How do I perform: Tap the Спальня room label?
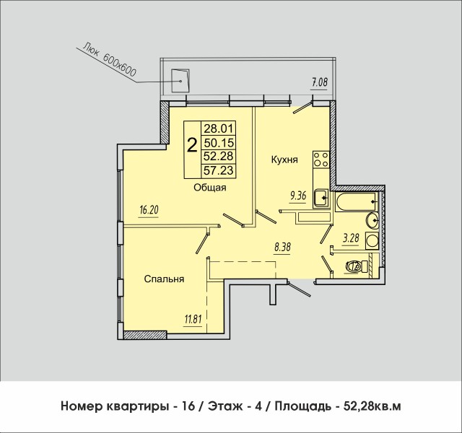162,279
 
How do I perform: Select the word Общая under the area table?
210,188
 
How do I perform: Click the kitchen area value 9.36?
298,193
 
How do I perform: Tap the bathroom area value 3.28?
351,236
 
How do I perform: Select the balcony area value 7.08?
319,83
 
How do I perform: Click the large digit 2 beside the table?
192,146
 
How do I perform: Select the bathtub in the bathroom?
357,201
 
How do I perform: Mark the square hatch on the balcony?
180,78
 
